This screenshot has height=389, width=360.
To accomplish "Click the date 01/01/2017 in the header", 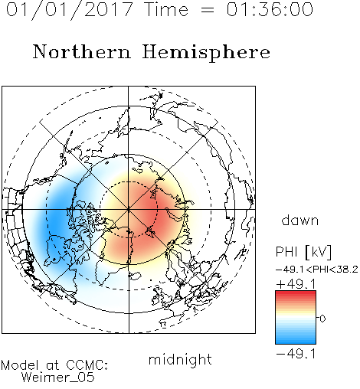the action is [69, 9].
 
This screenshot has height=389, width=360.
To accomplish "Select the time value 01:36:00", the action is [270, 9].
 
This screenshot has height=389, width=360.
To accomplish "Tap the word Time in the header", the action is [166, 9].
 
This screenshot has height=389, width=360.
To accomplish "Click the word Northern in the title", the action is [82, 51].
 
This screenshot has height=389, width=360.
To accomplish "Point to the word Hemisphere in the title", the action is [206, 53].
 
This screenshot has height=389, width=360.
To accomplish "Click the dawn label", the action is [300, 220].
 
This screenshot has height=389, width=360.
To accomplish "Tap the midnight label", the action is [180, 359].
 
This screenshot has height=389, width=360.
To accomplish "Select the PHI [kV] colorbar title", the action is [303, 252].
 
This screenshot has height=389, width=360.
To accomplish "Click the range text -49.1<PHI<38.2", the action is [317, 270].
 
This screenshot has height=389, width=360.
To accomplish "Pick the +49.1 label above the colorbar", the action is [296, 284].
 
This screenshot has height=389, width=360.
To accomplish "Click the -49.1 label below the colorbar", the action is [296, 354].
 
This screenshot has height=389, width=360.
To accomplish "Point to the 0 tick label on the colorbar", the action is [322, 319].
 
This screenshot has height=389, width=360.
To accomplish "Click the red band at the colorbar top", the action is [296, 293].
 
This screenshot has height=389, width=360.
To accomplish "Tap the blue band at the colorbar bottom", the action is [296, 341].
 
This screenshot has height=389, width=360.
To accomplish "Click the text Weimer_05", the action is [57, 378].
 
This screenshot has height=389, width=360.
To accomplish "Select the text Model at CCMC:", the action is [54, 365].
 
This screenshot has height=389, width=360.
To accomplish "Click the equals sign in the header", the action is [207, 10].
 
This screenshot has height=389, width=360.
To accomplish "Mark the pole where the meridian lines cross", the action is [129, 209].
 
